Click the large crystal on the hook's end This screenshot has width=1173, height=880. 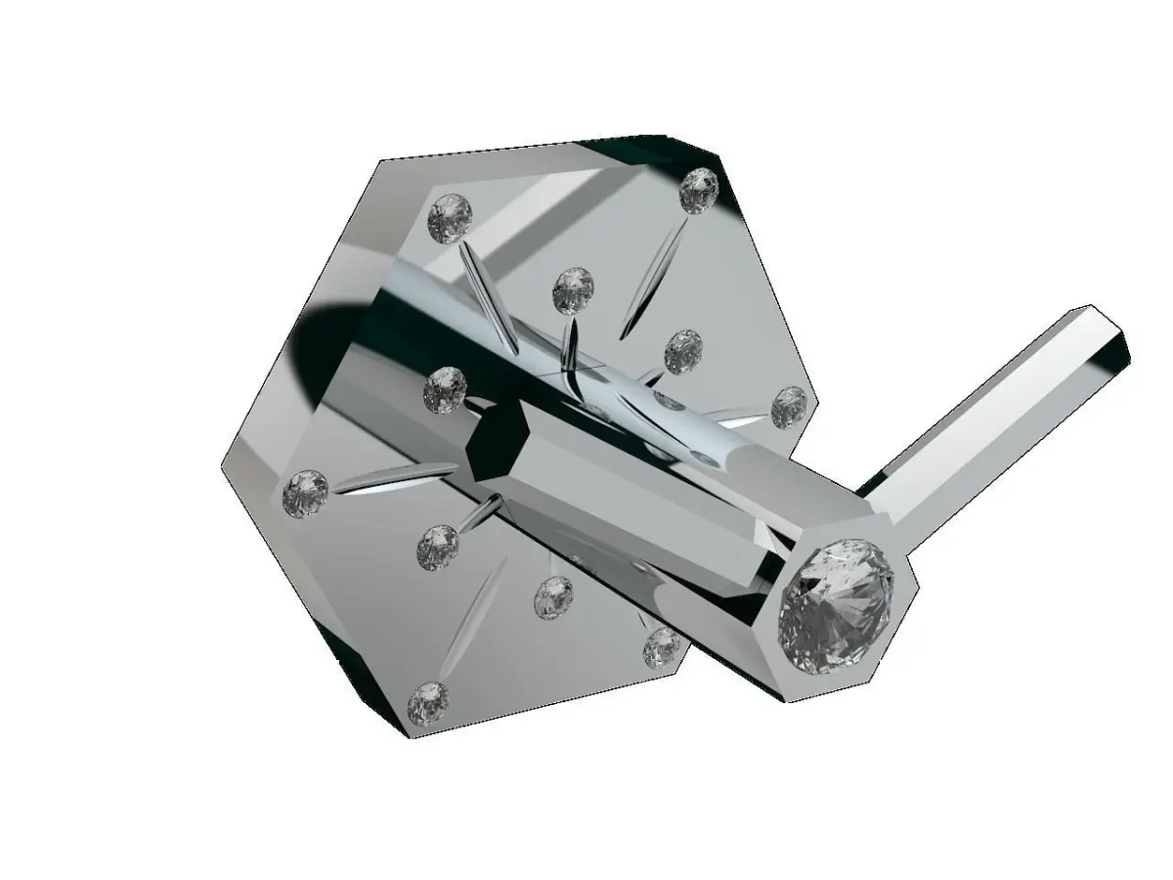click(836, 607)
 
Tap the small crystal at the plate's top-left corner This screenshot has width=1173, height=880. click(451, 217)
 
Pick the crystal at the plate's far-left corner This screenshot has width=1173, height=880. click(304, 493)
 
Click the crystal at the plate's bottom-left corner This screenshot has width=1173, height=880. click(427, 702)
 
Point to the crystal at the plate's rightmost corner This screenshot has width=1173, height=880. click(789, 407)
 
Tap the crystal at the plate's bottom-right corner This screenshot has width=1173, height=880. click(662, 645)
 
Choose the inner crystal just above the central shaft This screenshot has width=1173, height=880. click(573, 289)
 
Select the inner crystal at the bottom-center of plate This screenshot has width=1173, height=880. click(554, 596)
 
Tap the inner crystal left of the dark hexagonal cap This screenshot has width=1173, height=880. click(445, 389)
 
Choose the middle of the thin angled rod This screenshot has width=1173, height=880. click(987, 420)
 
